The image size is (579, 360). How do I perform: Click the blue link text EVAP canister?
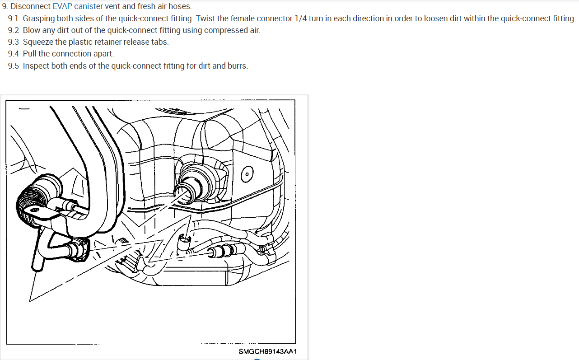pos(78,7)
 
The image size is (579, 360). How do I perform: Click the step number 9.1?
pos(14,19)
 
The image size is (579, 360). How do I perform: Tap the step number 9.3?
pos(14,42)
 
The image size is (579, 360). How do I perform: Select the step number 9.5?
pos(14,66)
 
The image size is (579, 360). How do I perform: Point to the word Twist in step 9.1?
pos(206,19)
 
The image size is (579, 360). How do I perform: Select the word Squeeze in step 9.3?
pos(38,42)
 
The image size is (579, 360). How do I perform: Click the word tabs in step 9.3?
pos(159,42)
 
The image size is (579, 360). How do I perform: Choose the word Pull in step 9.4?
pos(30,54)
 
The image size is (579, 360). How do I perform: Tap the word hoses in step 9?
pos(181,7)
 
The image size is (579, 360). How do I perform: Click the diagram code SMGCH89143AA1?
pos(267,351)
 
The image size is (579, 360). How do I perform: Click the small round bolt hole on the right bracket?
pos(247,174)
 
